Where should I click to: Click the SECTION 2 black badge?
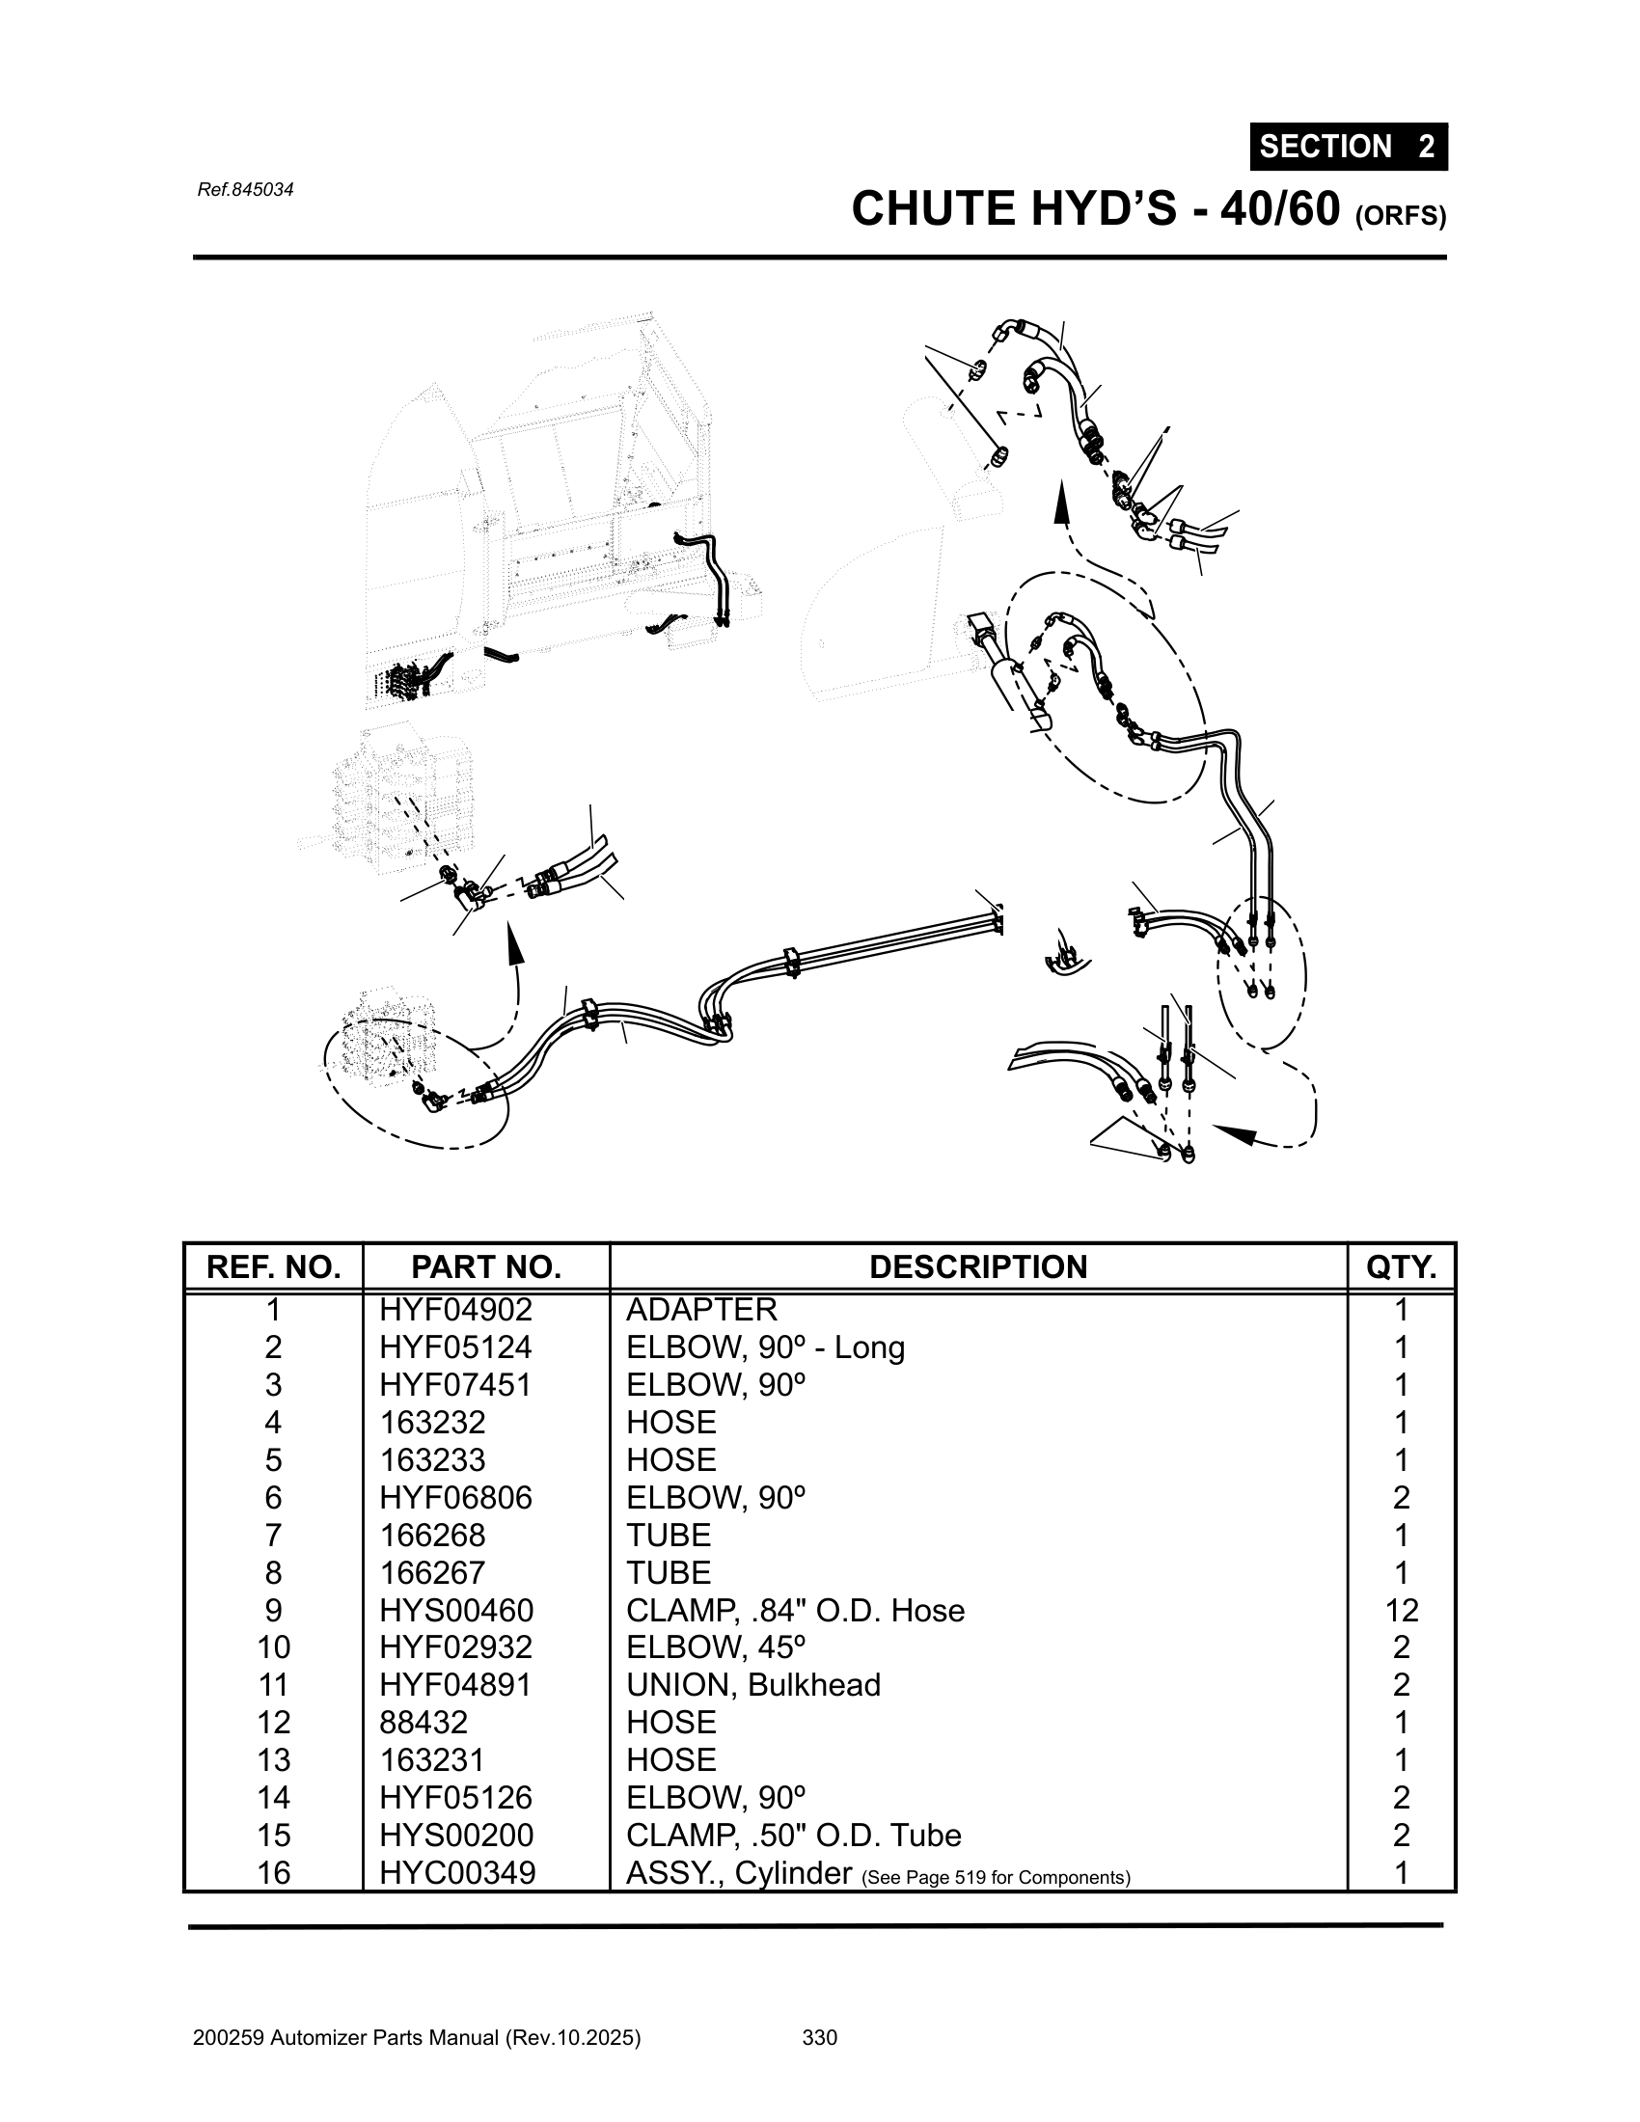(1348, 147)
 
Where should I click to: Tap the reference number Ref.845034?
(245, 189)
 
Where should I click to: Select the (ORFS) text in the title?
(1399, 217)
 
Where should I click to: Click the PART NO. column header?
(486, 1267)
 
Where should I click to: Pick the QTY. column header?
(1401, 1267)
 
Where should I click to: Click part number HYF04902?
(455, 1311)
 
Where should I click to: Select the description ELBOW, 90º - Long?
(765, 1347)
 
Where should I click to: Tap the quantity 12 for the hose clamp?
(1401, 1611)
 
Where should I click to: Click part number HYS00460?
(455, 1611)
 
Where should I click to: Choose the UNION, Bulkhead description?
(753, 1685)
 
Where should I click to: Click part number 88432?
(424, 1723)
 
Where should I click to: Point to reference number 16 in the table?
(273, 1872)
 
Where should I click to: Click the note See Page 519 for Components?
(996, 1877)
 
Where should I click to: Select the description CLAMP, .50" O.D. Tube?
(793, 1836)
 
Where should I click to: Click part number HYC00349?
(456, 1872)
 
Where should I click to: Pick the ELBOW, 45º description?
(716, 1647)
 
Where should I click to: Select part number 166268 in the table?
(432, 1536)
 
